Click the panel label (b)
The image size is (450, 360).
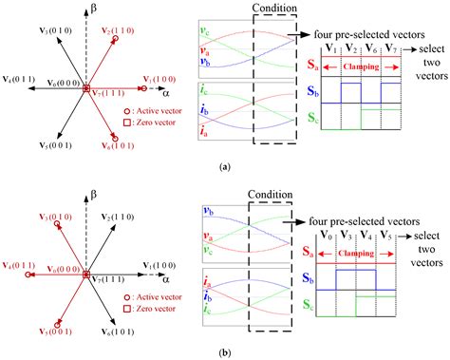tap(224, 351)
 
